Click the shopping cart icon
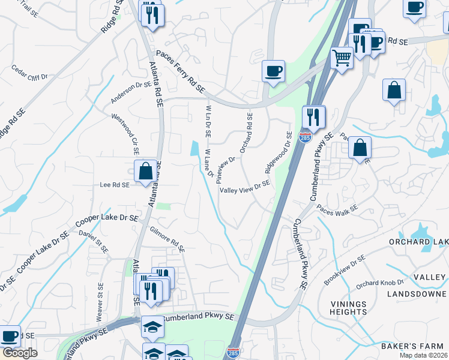click(342, 58)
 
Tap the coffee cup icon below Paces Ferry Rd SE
click(273, 71)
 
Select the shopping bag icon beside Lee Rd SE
click(146, 171)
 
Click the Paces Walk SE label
click(337, 210)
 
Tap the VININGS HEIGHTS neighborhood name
click(348, 308)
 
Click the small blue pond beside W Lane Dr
click(194, 148)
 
